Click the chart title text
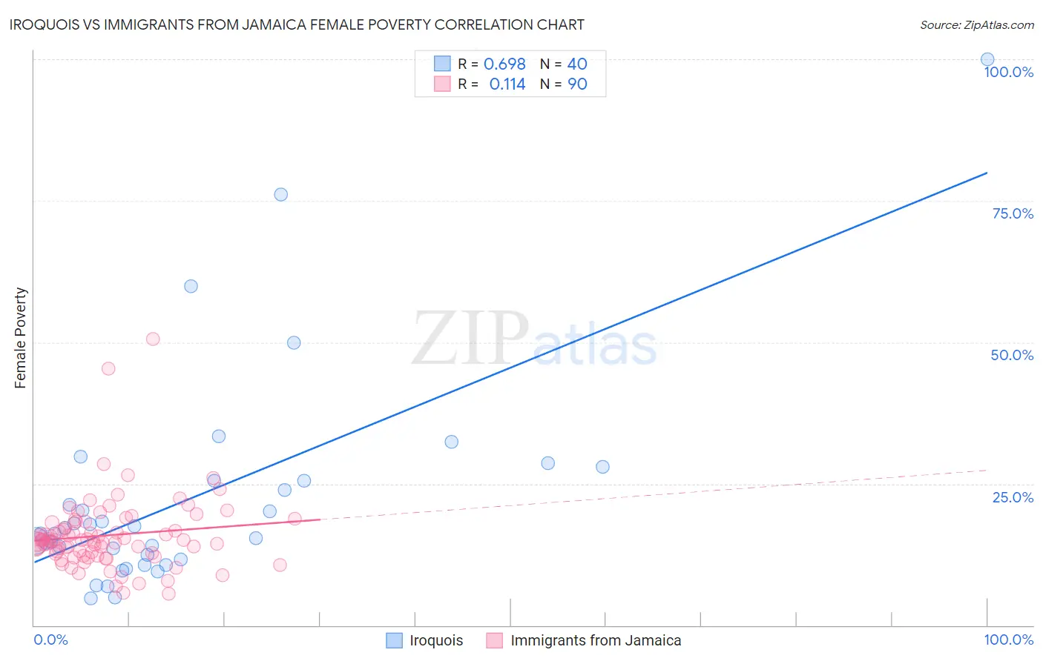297,24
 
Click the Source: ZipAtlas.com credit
976,24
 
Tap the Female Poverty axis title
21,338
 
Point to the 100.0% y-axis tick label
1008,73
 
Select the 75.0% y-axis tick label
1013,213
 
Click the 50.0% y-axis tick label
1012,355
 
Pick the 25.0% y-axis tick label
1013,497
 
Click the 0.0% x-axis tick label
50,640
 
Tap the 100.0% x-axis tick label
1008,640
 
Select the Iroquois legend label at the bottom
436,640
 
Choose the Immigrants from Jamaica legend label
596,640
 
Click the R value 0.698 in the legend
504,64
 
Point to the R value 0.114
507,84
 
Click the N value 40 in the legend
577,64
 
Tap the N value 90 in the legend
577,84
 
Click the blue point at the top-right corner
987,59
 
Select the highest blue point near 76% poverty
281,195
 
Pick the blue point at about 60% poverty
191,286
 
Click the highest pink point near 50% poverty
153,339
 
